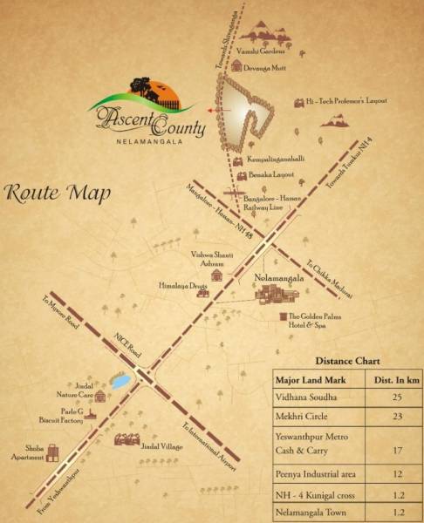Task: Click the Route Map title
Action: [x=57, y=193]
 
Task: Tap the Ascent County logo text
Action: [x=148, y=121]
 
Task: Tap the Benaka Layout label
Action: [x=273, y=175]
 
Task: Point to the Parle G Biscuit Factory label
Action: [x=60, y=414]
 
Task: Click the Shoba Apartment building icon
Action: [x=51, y=452]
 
